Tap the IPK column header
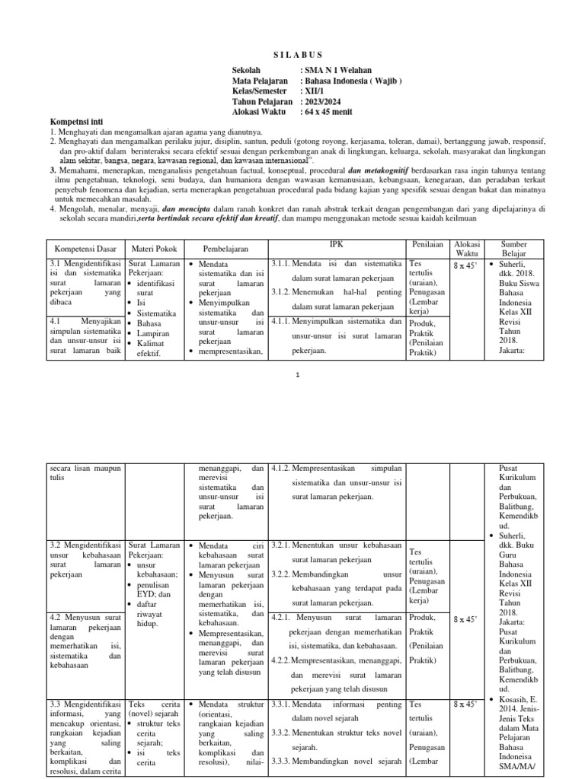[x=337, y=244]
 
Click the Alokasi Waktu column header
[x=467, y=250]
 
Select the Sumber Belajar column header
[x=513, y=250]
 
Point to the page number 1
[x=299, y=375]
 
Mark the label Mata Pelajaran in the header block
[x=260, y=81]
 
